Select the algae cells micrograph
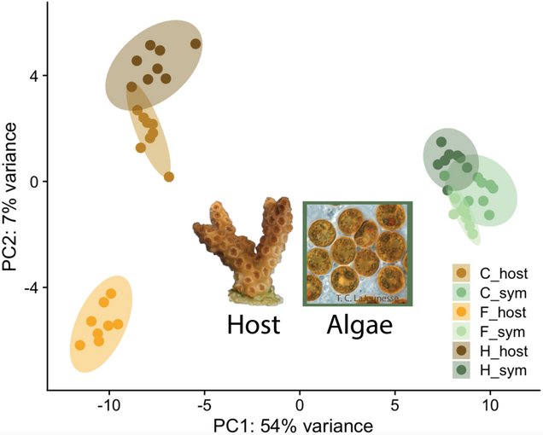point(358,253)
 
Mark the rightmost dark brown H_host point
point(196,43)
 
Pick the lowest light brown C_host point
point(169,177)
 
